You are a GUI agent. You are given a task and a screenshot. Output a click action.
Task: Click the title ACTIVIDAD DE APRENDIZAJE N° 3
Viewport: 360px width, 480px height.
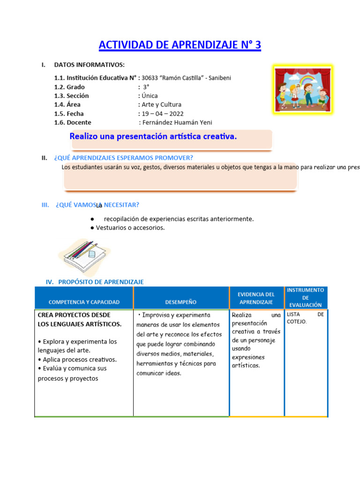pyautogui.click(x=180, y=45)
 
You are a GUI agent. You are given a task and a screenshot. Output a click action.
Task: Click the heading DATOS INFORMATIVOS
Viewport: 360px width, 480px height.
pyautogui.click(x=90, y=65)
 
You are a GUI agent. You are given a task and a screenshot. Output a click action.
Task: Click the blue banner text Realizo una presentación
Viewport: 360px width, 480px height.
pyautogui.click(x=153, y=137)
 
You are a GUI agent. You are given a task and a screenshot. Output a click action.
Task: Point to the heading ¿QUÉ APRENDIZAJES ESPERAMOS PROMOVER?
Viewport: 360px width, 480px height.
pyautogui.click(x=124, y=157)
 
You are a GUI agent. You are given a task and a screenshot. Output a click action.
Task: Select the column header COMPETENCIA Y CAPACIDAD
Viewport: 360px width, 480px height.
pyautogui.click(x=84, y=302)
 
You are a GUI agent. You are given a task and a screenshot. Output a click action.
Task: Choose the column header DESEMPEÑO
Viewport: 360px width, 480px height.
pyautogui.click(x=181, y=302)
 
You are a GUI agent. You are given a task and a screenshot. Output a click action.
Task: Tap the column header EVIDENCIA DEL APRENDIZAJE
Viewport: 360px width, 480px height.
pyautogui.click(x=256, y=298)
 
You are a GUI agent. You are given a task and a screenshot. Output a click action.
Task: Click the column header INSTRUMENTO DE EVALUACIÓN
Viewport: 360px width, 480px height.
pyautogui.click(x=306, y=297)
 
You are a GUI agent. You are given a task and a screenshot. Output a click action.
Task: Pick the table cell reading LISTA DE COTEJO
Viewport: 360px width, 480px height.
pyautogui.click(x=305, y=318)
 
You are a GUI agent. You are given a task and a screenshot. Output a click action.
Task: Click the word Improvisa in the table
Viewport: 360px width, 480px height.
pyautogui.click(x=156, y=315)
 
